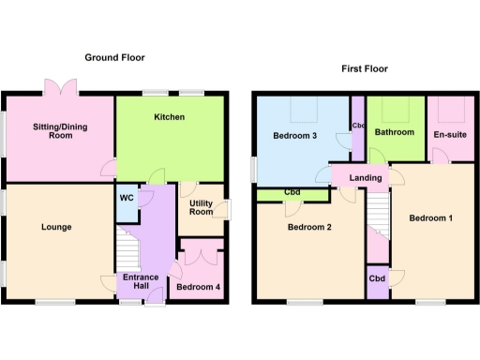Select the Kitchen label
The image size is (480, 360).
click(170, 117)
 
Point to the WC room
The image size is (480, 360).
click(126, 198)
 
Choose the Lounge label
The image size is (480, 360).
click(56, 227)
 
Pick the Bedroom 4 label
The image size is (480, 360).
click(198, 287)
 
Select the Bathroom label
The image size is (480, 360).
click(396, 132)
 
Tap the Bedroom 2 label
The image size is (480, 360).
click(310, 227)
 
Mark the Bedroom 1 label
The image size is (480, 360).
click(431, 218)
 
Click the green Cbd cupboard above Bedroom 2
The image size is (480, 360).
click(291, 194)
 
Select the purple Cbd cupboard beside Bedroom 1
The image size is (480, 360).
click(378, 279)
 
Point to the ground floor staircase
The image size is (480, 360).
click(126, 251)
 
